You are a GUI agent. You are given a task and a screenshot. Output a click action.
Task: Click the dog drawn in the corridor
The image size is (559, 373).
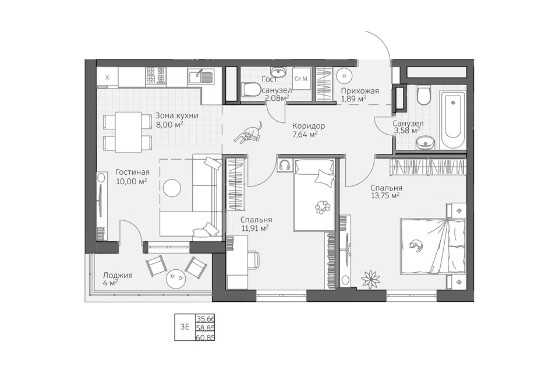pyautogui.click(x=250, y=133)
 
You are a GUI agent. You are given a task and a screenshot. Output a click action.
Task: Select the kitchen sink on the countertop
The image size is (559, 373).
pyautogui.click(x=201, y=77)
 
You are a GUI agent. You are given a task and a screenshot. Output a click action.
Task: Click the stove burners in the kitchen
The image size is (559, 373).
pyautogui.click(x=155, y=76)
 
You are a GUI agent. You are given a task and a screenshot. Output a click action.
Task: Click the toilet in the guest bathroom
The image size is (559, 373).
pyautogui.click(x=251, y=89)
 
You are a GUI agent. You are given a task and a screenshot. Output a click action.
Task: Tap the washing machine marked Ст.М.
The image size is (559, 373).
pyautogui.click(x=302, y=79)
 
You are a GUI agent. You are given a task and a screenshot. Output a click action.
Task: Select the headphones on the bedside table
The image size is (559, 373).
pyautogui.click(x=285, y=165)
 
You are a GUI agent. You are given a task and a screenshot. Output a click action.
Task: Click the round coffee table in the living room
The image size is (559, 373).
pyautogui.click(x=172, y=188)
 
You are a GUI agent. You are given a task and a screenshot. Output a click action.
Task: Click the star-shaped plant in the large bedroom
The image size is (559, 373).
pyautogui.click(x=370, y=278)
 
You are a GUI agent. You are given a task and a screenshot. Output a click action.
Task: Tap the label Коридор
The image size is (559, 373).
pyautogui.click(x=309, y=126)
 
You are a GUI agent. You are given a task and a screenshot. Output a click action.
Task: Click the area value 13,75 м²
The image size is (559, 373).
pyautogui.click(x=385, y=196)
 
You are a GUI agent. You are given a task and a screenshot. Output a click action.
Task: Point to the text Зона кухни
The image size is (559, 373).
pyautogui.click(x=176, y=115)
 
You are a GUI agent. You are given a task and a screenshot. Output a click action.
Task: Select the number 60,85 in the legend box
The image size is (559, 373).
pyautogui.click(x=206, y=337)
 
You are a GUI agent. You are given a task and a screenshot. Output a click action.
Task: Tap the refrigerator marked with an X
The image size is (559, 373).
pyautogui.click(x=107, y=77)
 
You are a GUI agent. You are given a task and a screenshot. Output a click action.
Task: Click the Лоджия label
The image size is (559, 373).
pyautogui.click(x=118, y=276)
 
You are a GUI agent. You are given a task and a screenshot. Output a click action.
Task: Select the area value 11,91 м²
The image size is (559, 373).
pyautogui.click(x=255, y=228)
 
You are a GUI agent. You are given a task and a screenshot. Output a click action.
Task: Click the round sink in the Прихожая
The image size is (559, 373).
pyautogui.click(x=345, y=75)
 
